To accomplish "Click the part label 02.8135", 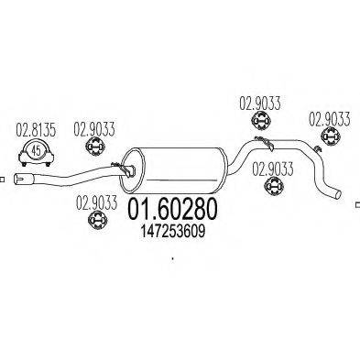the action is click(34, 129).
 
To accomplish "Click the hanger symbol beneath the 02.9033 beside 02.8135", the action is click(93, 149).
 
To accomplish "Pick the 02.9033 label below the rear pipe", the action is click(271, 168).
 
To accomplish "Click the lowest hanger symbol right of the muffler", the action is click(271, 188).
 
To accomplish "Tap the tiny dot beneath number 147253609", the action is click(172, 258).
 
